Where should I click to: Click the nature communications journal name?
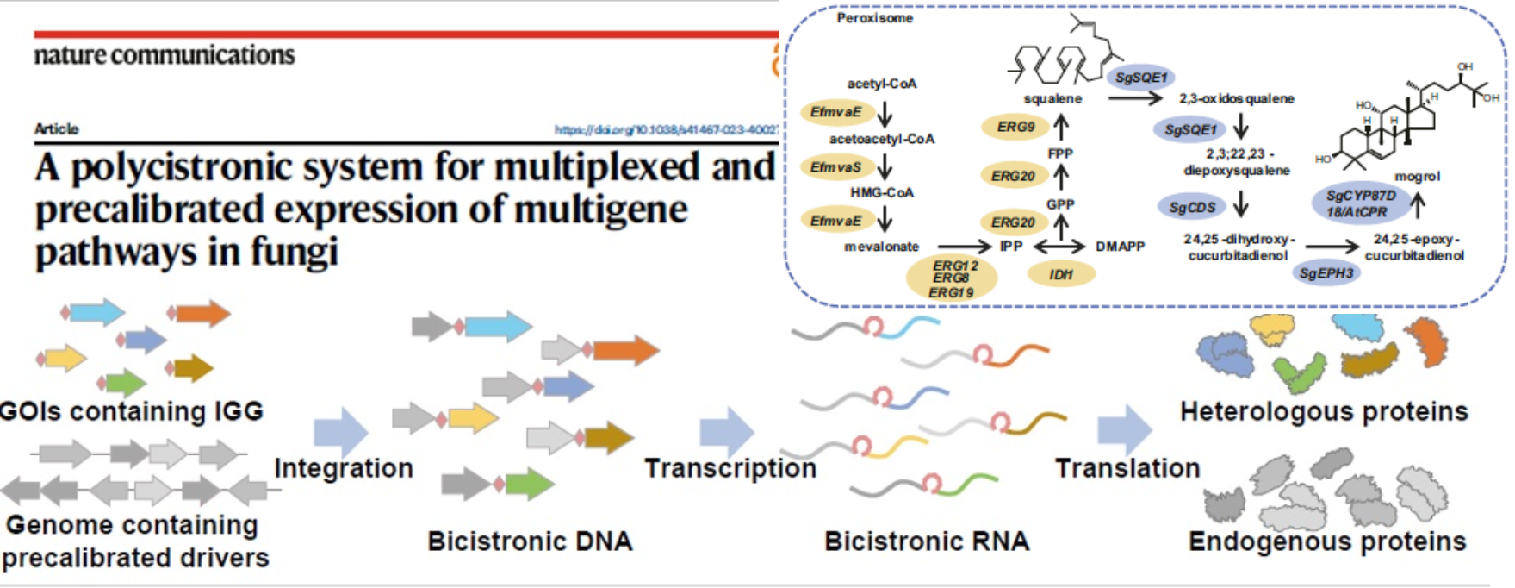[x=164, y=55]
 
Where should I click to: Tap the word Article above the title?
[x=56, y=128]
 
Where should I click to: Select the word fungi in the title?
[x=294, y=252]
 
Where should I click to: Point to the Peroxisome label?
[x=874, y=18]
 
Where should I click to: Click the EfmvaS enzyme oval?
[x=835, y=167]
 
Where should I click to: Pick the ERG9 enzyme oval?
[x=1015, y=128]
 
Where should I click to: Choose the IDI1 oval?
[x=1061, y=274]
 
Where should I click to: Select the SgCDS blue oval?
[x=1192, y=207]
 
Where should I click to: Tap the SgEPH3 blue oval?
[x=1326, y=273]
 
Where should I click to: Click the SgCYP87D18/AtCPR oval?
[x=1361, y=204]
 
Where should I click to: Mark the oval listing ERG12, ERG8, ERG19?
[x=952, y=278]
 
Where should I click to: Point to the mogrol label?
[x=1417, y=176]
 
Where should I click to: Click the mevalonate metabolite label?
[x=881, y=247]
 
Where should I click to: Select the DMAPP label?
[x=1120, y=247]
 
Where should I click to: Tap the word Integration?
[x=344, y=468]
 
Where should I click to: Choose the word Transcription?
[x=730, y=468]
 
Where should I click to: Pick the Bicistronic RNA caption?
[x=927, y=541]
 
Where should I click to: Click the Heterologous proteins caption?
[x=1324, y=411]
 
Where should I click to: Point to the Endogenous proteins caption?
[x=1327, y=541]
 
